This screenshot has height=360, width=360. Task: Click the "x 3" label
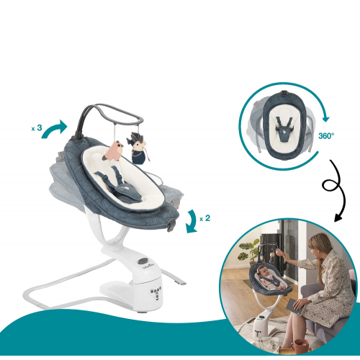coord(37,128)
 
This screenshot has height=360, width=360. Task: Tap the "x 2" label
coord(204,218)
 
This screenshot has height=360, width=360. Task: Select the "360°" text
coord(326,136)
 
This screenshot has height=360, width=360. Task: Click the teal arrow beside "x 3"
coord(55,129)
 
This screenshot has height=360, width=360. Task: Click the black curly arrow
coord(335,189)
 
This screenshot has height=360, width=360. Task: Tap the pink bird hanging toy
coord(113,151)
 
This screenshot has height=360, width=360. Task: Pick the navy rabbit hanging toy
coord(138,149)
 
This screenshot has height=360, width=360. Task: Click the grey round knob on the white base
coord(143,261)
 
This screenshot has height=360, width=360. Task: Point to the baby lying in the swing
coord(270,279)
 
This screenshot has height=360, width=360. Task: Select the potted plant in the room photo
coord(248,252)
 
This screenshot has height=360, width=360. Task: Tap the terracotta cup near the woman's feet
coord(300,346)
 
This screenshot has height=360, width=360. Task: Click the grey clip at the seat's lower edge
coord(171,225)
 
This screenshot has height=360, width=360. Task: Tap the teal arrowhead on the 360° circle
coord(325,119)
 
